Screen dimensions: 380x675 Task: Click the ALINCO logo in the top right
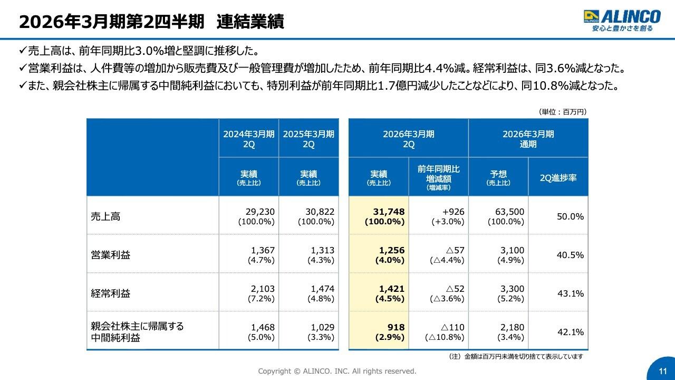622,21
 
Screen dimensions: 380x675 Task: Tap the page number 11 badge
663,370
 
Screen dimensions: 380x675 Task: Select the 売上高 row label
105,216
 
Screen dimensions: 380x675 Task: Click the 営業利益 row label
110,255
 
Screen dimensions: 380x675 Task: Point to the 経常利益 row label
110,293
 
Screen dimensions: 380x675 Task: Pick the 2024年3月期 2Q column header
249,139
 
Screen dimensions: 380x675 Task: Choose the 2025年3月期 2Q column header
308,139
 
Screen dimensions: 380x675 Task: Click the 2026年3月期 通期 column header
528,139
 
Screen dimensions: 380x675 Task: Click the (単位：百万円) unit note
562,112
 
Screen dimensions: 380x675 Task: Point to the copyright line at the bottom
337,371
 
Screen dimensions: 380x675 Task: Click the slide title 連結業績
250,22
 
